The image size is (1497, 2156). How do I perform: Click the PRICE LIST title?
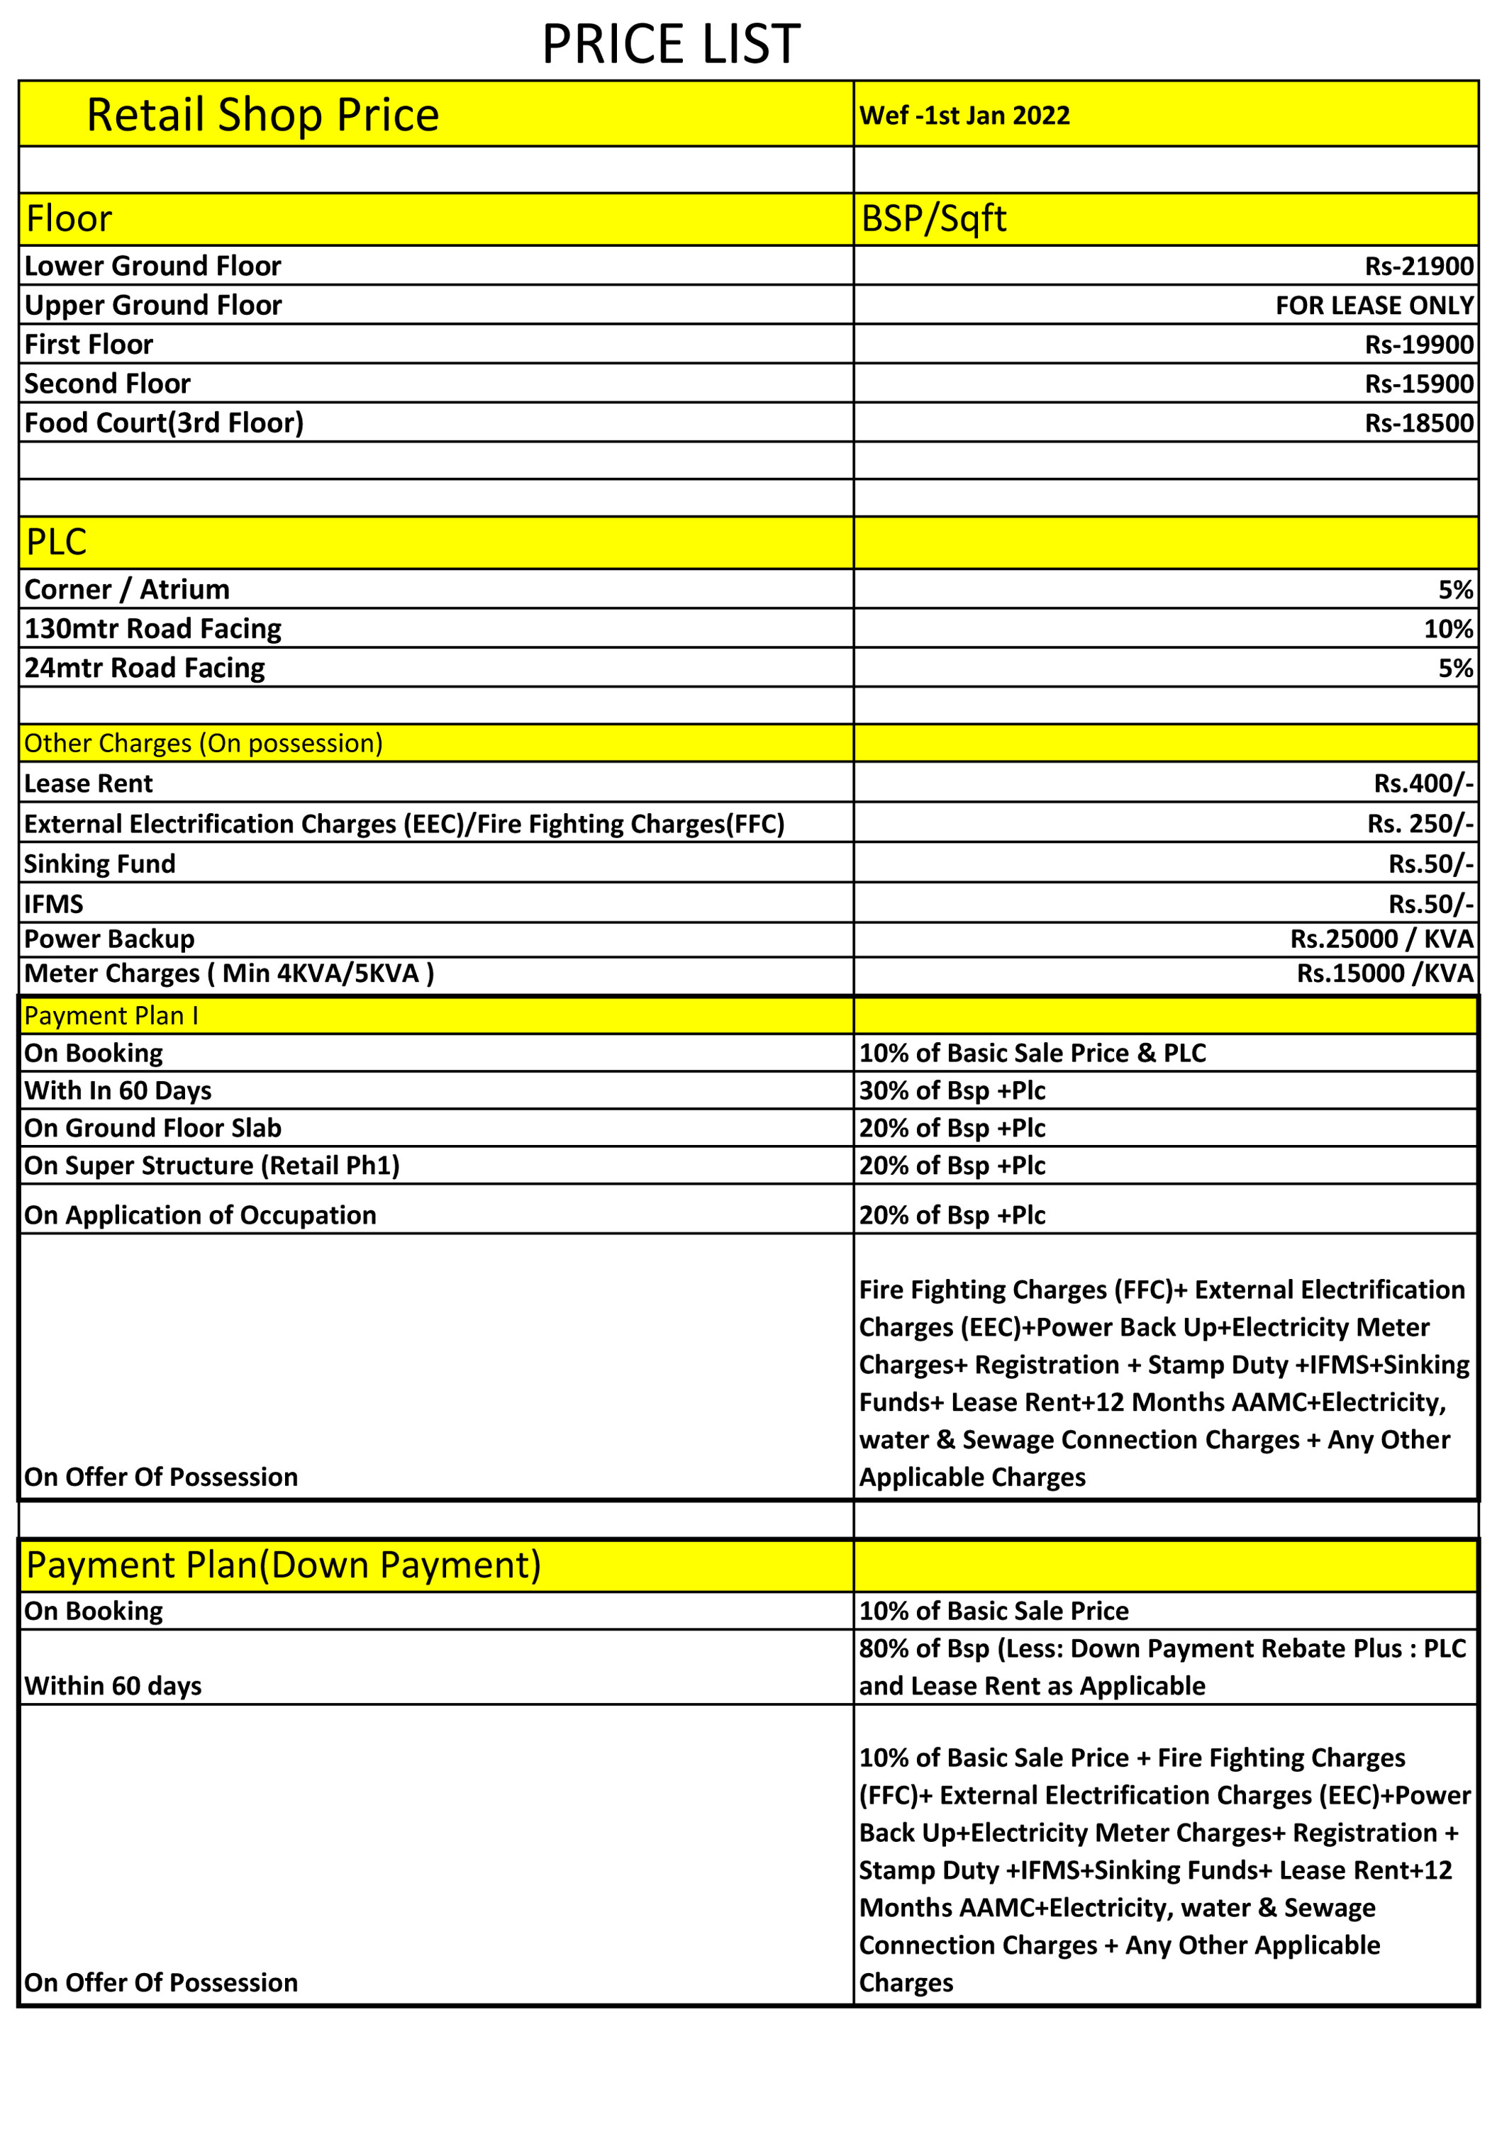point(671,45)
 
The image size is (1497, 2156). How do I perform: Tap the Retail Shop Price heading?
point(262,116)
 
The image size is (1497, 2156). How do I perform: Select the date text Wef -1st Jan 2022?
point(964,116)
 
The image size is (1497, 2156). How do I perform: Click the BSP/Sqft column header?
point(933,218)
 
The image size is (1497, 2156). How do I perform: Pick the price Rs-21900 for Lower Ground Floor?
point(1418,267)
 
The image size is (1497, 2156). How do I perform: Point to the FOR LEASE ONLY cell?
point(1374,306)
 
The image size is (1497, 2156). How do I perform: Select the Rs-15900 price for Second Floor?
point(1418,384)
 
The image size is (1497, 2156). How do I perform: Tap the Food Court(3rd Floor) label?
point(164,423)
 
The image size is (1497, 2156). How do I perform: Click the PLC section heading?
point(56,542)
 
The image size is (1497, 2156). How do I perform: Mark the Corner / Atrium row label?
point(127,590)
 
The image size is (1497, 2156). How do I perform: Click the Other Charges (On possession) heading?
point(204,744)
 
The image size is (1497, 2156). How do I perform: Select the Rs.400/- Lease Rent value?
point(1423,783)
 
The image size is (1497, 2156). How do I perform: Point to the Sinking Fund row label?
point(99,864)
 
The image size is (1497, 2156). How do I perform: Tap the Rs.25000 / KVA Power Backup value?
point(1381,939)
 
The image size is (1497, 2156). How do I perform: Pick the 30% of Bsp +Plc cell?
point(952,1090)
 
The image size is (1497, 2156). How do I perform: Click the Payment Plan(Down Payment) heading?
point(283,1565)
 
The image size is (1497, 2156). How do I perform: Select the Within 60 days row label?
point(113,1685)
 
